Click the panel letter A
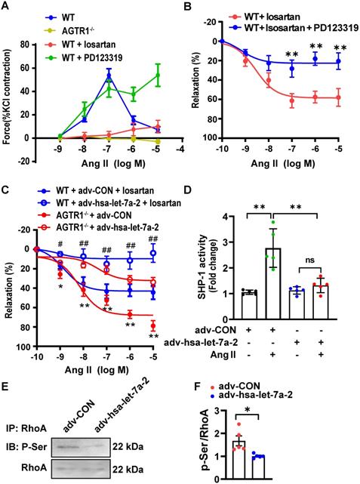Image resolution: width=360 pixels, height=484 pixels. (x=7, y=6)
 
